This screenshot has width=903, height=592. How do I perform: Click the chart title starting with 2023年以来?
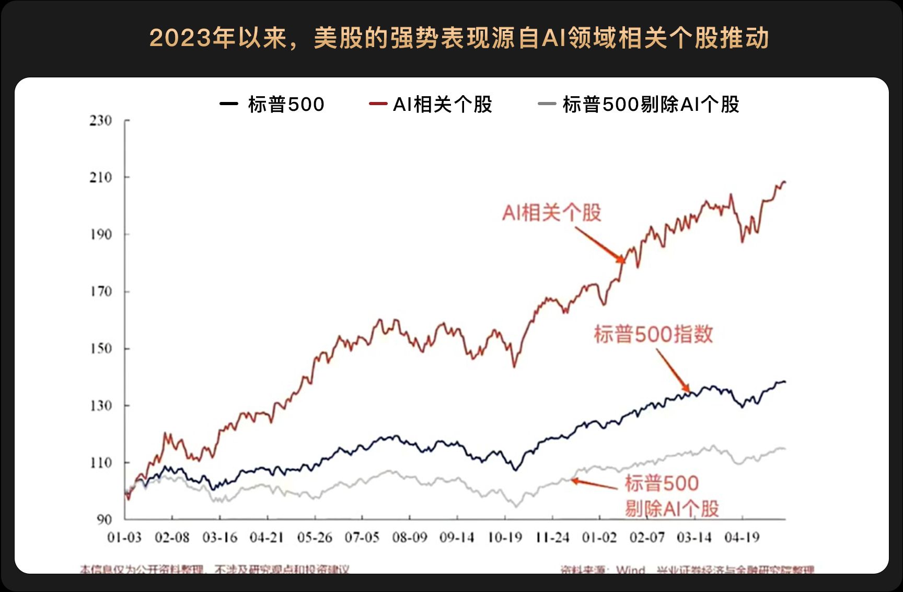(459, 38)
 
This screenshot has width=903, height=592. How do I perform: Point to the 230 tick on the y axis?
(101, 121)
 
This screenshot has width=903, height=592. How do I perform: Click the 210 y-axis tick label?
(101, 178)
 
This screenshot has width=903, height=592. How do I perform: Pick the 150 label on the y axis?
(101, 349)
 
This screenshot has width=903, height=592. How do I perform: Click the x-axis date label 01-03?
(124, 538)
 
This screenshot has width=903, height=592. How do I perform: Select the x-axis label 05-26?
(315, 538)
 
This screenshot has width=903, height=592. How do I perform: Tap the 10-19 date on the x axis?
(505, 538)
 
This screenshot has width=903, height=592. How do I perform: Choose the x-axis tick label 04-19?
(742, 538)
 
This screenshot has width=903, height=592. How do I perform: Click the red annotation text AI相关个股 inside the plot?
(551, 213)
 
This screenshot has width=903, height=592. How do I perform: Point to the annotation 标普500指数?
(653, 334)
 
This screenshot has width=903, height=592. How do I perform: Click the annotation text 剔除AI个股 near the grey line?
(672, 508)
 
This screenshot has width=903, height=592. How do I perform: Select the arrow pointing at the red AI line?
(600, 244)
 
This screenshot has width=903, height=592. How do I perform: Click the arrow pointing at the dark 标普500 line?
(673, 370)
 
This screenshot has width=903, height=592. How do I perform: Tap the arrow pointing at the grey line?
(594, 484)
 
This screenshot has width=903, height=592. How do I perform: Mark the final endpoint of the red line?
(785, 182)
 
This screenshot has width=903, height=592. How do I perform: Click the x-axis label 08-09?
(410, 538)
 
